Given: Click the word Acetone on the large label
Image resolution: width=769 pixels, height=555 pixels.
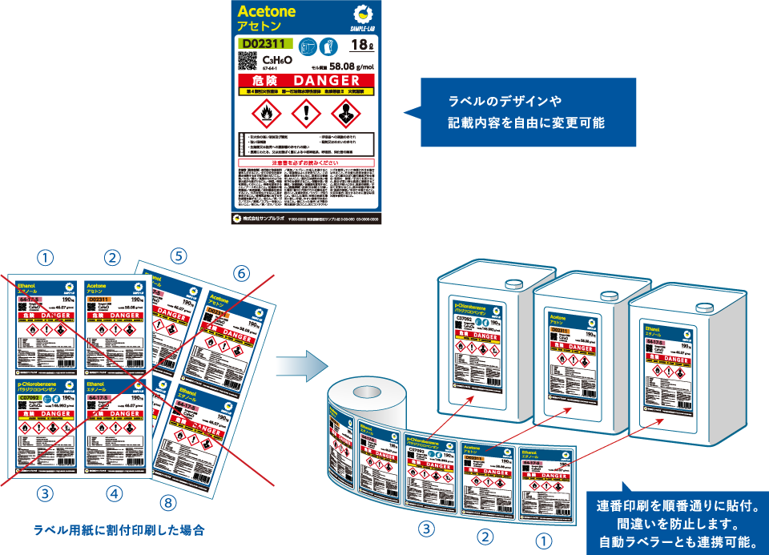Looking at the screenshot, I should (267, 11).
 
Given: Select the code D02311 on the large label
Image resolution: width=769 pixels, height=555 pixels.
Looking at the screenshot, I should (264, 43).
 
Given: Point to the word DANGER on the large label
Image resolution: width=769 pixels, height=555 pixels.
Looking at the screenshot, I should (327, 81).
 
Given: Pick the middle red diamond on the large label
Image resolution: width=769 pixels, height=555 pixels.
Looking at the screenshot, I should (307, 115).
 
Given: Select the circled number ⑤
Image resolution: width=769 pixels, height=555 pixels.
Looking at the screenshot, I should (179, 256).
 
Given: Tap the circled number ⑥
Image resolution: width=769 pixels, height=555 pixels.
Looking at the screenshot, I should (242, 273).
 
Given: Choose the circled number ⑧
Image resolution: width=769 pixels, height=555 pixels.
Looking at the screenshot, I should (167, 503).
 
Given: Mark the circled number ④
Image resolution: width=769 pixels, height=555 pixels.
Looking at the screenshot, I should (115, 494).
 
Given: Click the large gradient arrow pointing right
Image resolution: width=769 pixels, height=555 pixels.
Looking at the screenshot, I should (301, 366).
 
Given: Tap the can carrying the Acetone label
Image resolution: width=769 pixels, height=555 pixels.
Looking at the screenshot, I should (578, 352).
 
